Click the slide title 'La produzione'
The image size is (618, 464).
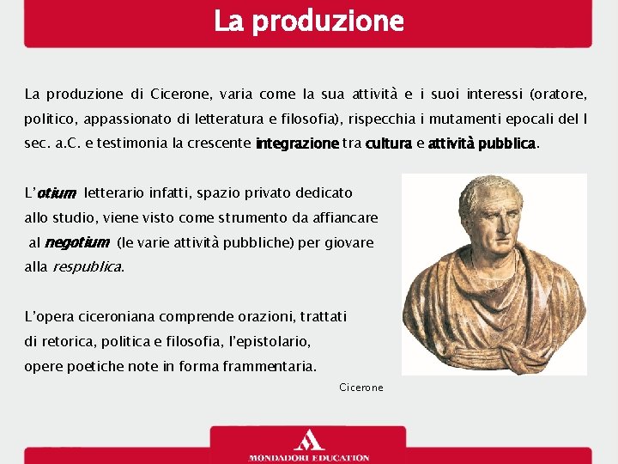pyautogui.click(x=308, y=21)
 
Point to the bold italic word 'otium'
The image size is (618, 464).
pyautogui.click(x=57, y=194)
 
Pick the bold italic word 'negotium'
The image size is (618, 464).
pyautogui.click(x=76, y=243)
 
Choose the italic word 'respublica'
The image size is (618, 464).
pyautogui.click(x=87, y=267)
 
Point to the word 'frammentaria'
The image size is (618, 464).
pyautogui.click(x=272, y=366)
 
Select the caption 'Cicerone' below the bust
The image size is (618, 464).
pyautogui.click(x=361, y=388)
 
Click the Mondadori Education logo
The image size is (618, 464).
pyautogui.click(x=308, y=447)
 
